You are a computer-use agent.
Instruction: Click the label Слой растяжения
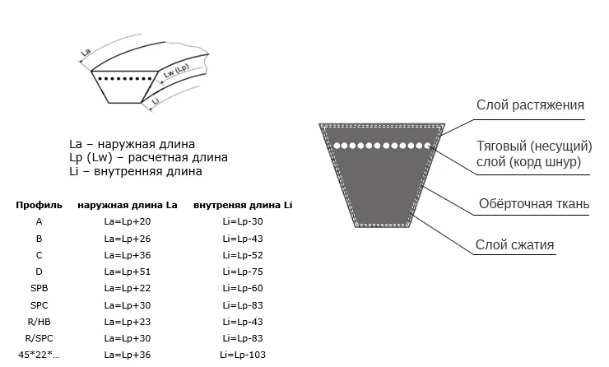(530, 105)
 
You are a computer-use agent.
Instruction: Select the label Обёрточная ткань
(534, 204)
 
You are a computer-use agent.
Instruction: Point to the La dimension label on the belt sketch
(86, 53)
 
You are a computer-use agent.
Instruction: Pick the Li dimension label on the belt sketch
(156, 101)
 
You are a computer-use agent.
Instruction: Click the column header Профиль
(39, 204)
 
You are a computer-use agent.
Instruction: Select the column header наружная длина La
(128, 204)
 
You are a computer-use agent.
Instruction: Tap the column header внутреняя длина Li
(243, 204)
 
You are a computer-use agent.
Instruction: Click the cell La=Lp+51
(128, 271)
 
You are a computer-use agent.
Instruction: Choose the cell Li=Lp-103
(243, 355)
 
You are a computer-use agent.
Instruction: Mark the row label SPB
(39, 288)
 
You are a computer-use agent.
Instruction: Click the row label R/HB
(39, 321)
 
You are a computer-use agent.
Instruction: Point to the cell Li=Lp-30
(243, 221)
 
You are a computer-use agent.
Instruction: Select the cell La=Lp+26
(128, 238)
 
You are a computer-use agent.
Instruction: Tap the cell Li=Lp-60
(243, 288)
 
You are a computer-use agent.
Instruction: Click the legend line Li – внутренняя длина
(136, 172)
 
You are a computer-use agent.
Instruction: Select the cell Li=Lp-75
(243, 271)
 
